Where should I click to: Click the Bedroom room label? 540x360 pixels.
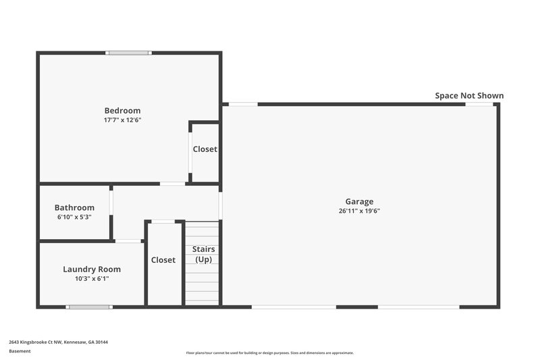click(122, 111)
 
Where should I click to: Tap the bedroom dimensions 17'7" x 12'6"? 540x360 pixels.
click(122, 120)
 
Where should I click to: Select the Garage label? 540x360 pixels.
click(359, 201)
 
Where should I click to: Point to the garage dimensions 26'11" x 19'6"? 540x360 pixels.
click(359, 211)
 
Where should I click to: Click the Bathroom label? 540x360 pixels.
click(74, 207)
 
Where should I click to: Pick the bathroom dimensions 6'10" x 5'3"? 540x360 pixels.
click(74, 217)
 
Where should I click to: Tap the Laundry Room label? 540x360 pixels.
click(92, 269)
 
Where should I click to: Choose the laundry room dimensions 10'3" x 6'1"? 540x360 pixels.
click(92, 278)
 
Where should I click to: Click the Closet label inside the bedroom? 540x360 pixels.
click(205, 149)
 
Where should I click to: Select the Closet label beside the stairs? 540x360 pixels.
click(163, 260)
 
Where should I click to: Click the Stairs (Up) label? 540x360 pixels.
click(203, 255)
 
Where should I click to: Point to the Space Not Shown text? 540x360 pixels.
click(469, 96)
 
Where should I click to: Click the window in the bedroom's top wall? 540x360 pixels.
click(129, 53)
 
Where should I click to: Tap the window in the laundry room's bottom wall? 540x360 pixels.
click(88, 307)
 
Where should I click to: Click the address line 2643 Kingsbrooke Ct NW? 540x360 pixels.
click(58, 342)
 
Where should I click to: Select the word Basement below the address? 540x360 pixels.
click(20, 351)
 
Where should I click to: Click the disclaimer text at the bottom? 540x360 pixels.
click(269, 353)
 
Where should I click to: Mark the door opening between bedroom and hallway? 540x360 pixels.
click(172, 184)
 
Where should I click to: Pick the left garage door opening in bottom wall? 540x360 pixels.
click(294, 307)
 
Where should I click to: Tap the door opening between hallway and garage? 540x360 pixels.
click(221, 206)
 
